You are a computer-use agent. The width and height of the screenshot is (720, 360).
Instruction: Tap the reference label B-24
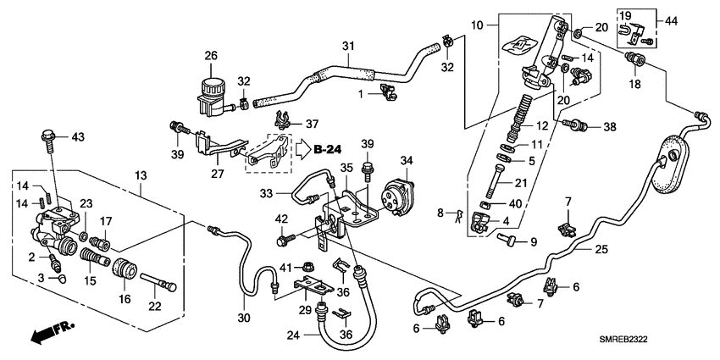[x=326, y=150]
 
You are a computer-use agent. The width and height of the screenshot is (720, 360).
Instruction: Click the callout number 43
[x=78, y=136]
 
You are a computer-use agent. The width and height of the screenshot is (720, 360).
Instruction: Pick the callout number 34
[x=405, y=160]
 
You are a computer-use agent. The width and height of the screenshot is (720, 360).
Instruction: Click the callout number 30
[x=245, y=318]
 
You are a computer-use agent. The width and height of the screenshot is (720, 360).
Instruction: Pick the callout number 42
[x=280, y=220]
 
